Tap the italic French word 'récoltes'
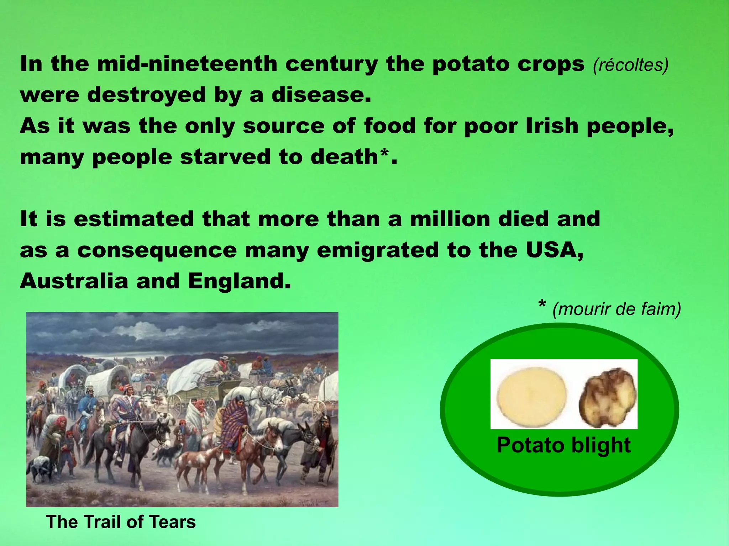(x=630, y=65)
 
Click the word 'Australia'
(x=74, y=281)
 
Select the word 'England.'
(x=239, y=281)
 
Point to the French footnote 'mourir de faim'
(x=616, y=309)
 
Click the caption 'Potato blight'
(x=563, y=445)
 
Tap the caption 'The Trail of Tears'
(x=121, y=522)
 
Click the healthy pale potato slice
(x=532, y=394)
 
